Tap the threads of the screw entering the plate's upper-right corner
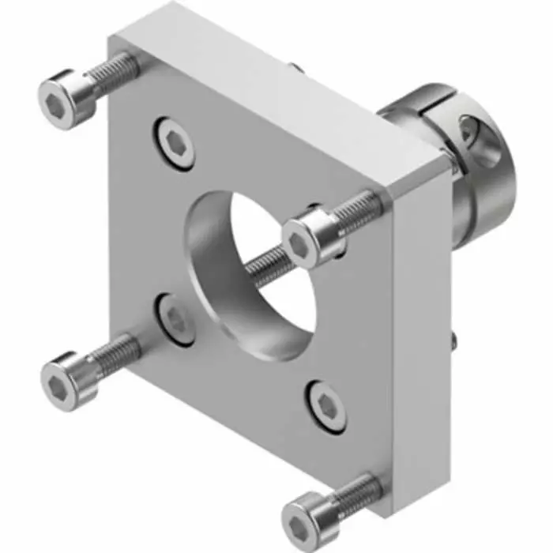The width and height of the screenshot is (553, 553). pyautogui.click(x=359, y=209)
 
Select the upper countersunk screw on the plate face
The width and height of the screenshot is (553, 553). pyautogui.click(x=175, y=143)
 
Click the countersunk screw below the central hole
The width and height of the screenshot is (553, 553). pyautogui.click(x=326, y=405)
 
